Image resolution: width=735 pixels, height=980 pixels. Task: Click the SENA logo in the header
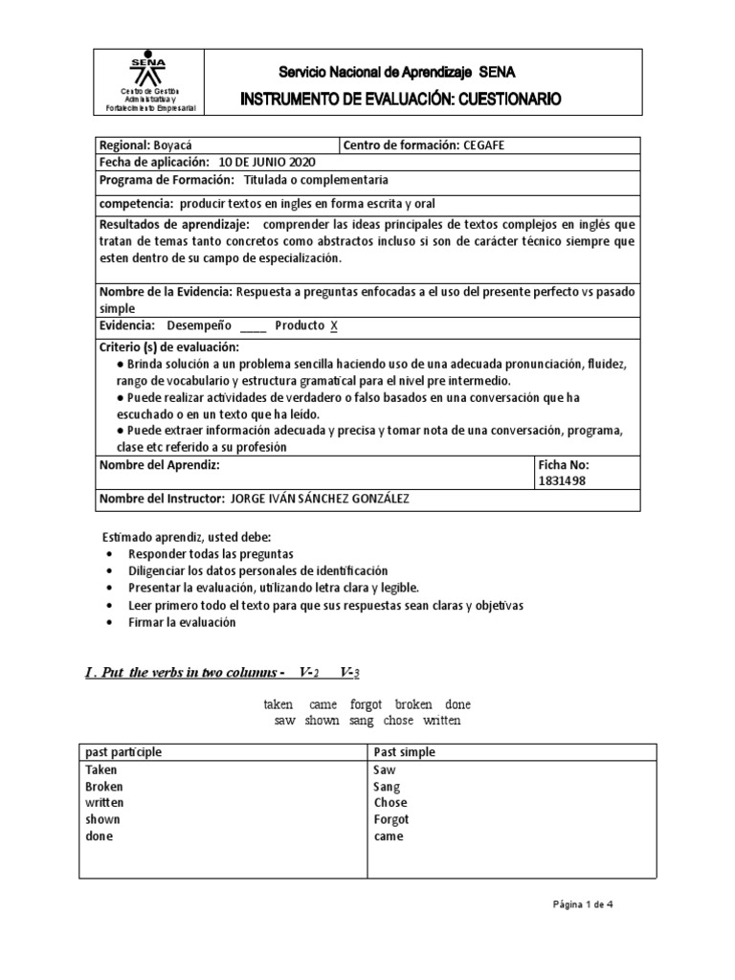(148, 70)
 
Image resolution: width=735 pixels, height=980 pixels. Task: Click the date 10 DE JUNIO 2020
(260, 163)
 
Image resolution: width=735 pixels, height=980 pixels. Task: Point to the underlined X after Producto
(334, 325)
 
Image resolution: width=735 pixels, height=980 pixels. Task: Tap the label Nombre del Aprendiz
(160, 464)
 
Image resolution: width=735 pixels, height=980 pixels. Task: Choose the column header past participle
(123, 752)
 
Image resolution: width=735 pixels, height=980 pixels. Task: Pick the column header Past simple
(404, 752)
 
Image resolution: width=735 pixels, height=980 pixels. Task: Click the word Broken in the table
(104, 787)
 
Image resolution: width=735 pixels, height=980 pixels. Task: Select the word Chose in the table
(390, 803)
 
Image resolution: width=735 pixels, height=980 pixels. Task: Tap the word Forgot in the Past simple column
(391, 819)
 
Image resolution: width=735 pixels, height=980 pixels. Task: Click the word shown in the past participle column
(102, 819)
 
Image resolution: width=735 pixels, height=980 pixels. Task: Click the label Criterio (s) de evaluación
(168, 345)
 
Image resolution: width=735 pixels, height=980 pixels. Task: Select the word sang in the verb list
(361, 721)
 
